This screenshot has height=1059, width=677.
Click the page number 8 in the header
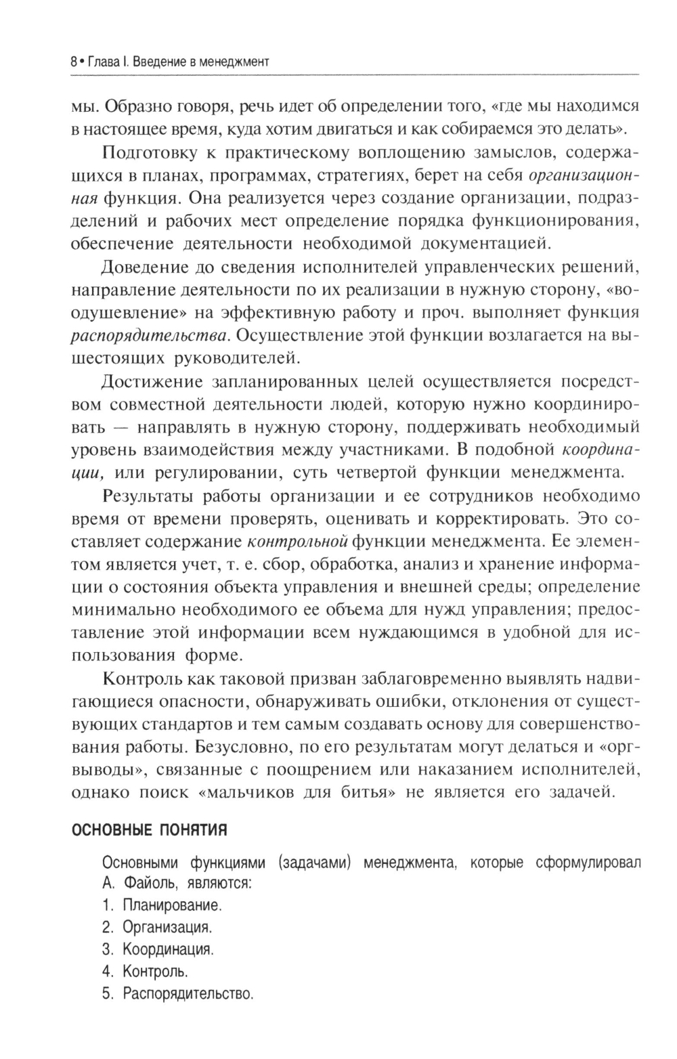[72, 62]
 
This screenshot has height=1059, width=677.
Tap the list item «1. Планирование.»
[162, 905]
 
